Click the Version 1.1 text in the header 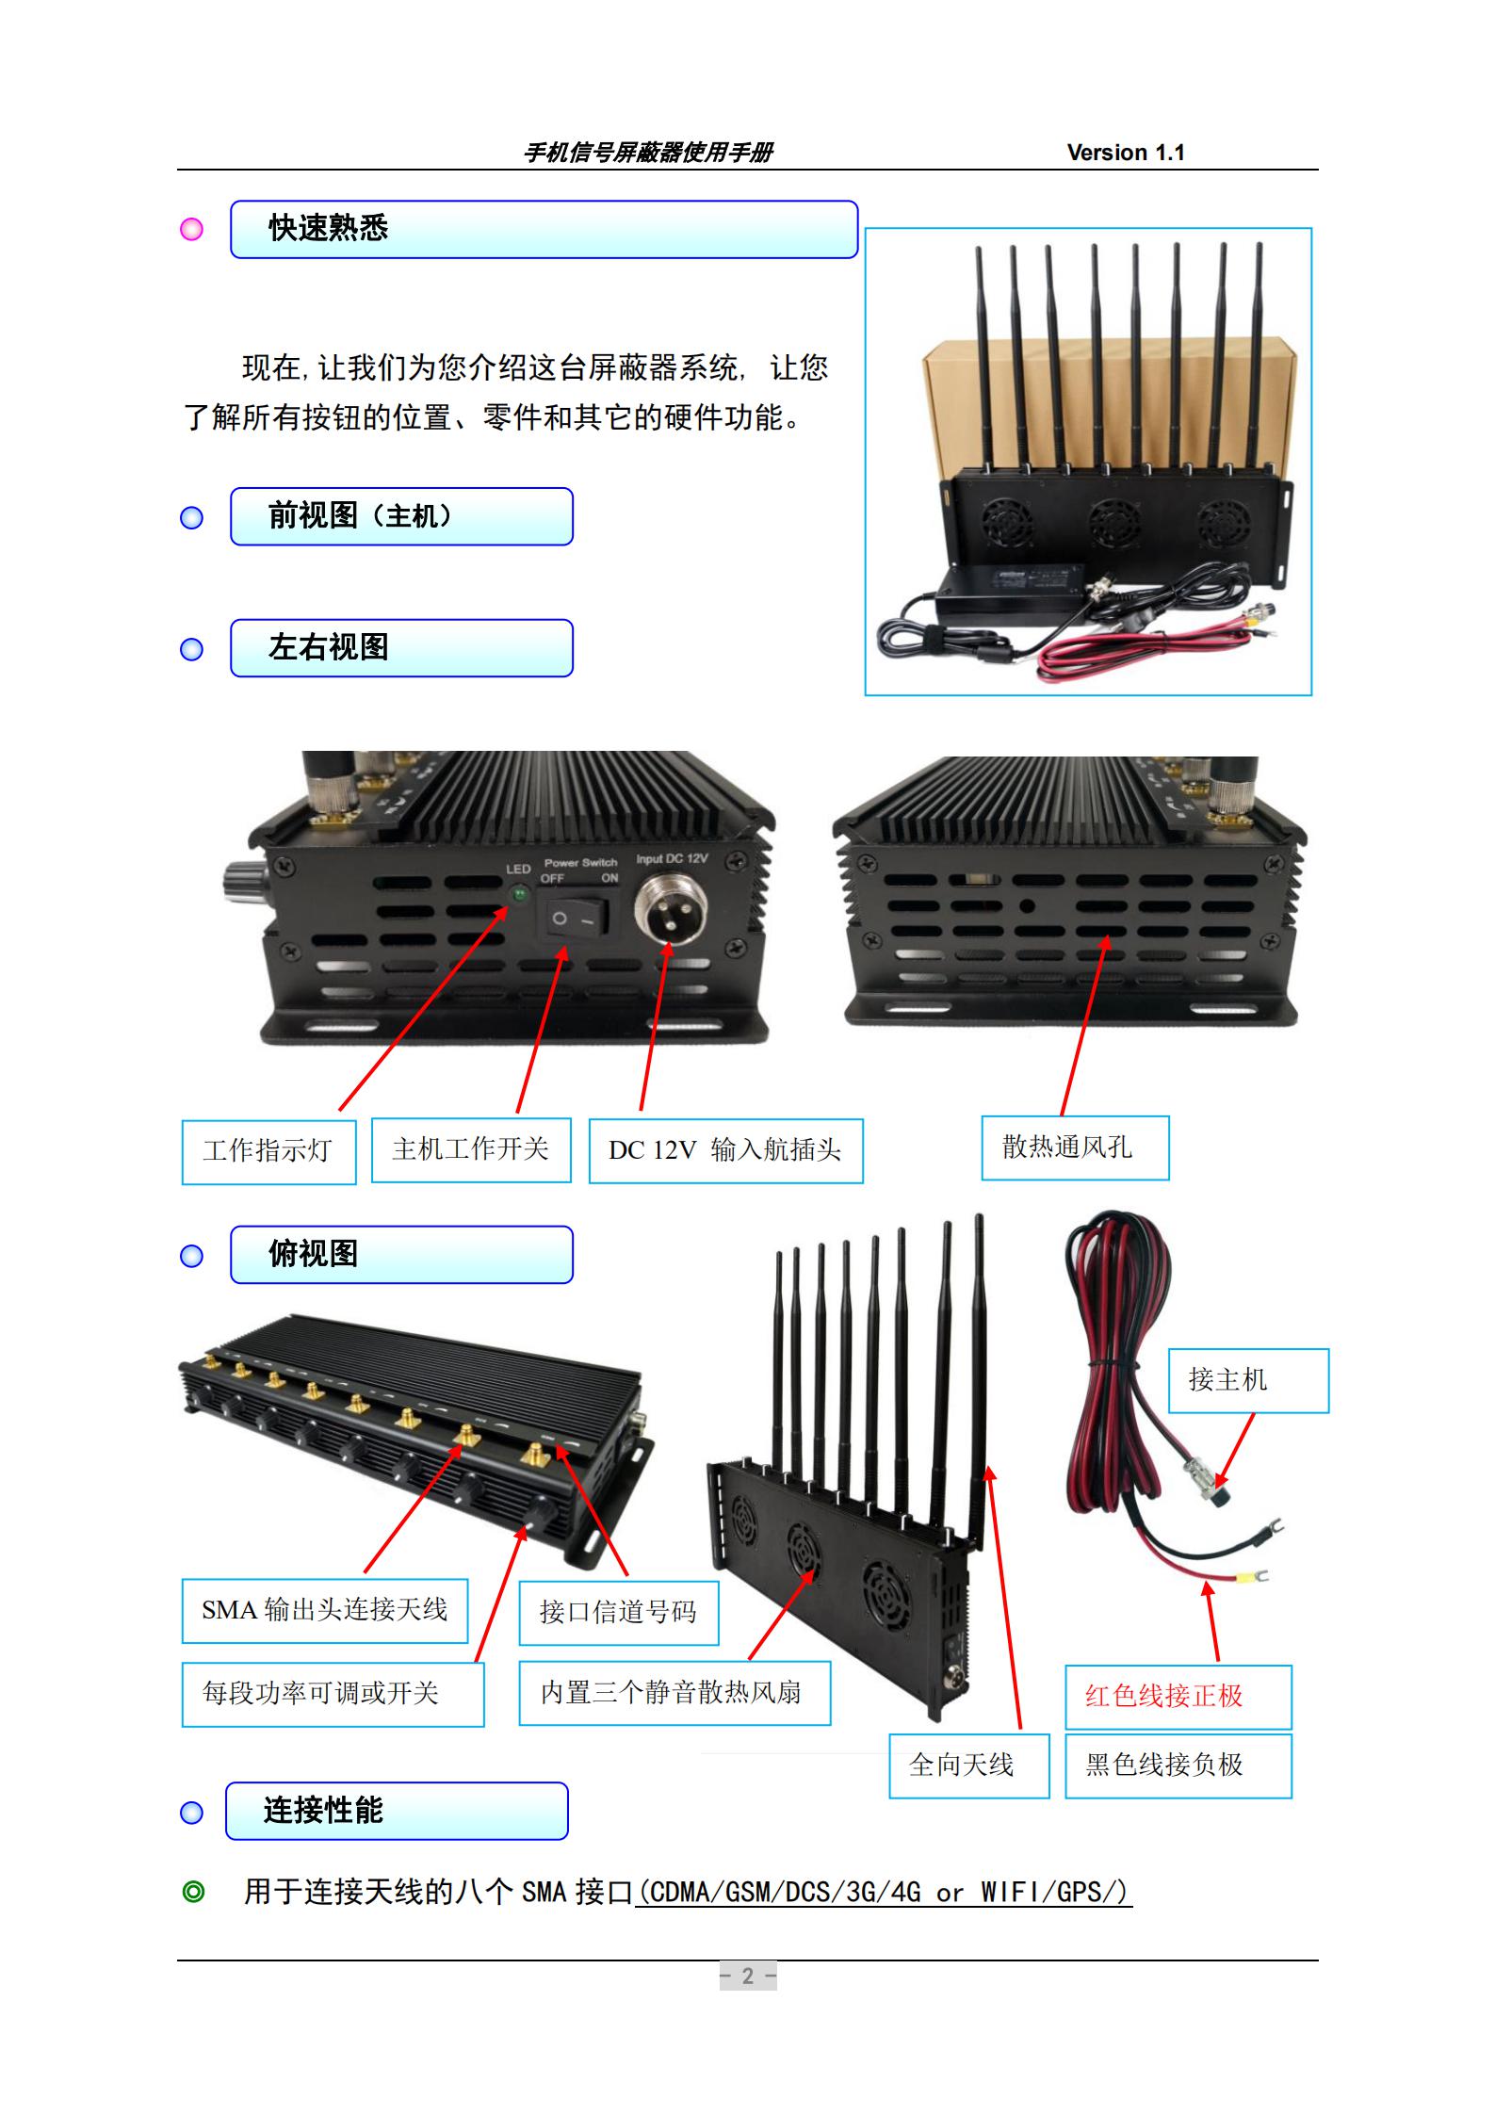(1125, 153)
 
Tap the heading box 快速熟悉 (544, 229)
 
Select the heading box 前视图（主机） (401, 516)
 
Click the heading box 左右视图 (401, 648)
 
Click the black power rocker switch (573, 919)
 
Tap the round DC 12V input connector (668, 908)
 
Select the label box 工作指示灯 (268, 1151)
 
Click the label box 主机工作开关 (471, 1149)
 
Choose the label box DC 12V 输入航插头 (725, 1150)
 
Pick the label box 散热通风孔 (1075, 1147)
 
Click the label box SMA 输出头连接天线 (325, 1611)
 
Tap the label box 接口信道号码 (619, 1613)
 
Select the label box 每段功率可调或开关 (333, 1694)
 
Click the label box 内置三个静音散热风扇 (674, 1693)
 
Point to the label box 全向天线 (968, 1765)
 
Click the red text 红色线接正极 (1164, 1697)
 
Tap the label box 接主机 (1247, 1381)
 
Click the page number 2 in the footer (748, 1976)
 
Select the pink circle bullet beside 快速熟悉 (192, 230)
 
